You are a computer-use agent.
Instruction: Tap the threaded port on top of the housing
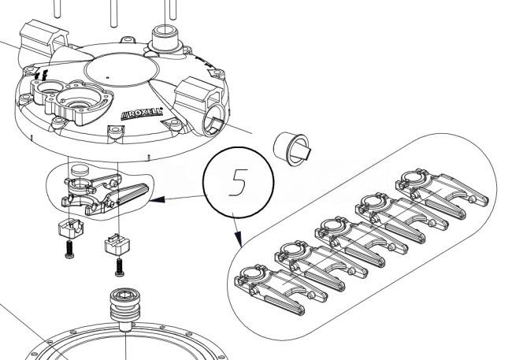(x=165, y=36)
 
